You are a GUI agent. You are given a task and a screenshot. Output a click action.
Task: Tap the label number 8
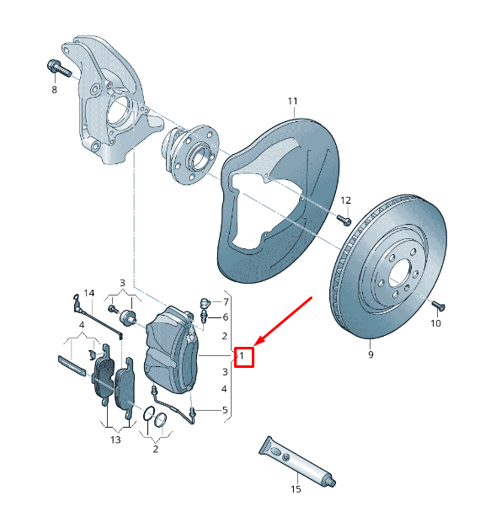55,89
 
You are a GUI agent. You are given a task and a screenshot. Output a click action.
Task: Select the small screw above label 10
435,304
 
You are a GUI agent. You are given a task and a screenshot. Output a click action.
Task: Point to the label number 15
296,488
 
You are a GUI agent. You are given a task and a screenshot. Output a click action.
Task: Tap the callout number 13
115,439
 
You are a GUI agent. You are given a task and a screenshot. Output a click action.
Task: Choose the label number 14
89,293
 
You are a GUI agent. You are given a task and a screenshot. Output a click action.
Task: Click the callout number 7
225,301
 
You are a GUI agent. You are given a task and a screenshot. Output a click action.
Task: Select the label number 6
225,317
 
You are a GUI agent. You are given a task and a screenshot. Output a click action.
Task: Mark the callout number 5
225,410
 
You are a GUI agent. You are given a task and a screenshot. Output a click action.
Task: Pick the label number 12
345,200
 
